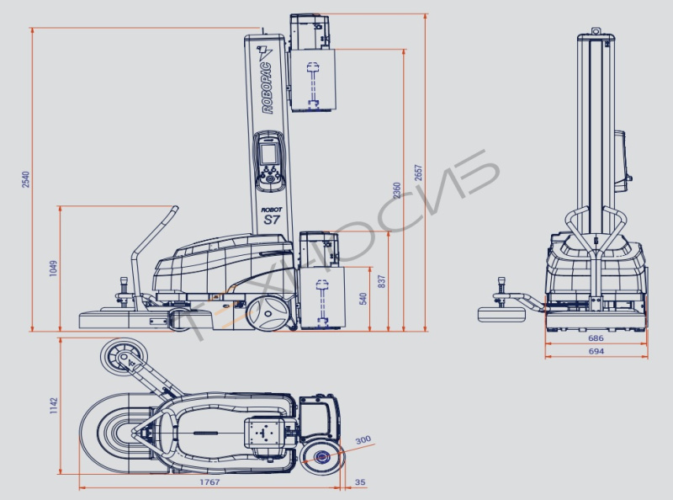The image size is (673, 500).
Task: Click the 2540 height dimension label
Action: click(26, 179)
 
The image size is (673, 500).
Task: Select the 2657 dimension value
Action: click(418, 173)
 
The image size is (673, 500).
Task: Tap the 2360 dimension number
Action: click(397, 190)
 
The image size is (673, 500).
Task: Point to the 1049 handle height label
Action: click(53, 268)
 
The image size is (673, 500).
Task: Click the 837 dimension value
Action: click(382, 281)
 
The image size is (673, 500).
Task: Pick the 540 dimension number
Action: click(363, 299)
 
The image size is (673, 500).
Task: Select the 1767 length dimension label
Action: click(209, 482)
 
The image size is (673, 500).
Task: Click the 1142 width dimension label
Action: click(53, 406)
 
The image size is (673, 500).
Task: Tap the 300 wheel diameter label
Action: click(363, 440)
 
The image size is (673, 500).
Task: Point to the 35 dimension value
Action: click(361, 482)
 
